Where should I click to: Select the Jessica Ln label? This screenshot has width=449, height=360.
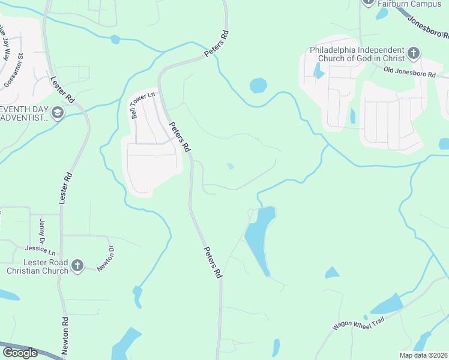pos(40,249)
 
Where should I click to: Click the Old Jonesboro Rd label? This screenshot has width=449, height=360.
pos(409,72)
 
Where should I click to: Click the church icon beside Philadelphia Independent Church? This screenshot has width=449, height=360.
pos(414,54)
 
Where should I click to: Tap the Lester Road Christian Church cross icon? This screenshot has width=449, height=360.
pos(77,266)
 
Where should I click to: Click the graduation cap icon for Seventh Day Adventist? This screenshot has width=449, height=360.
pos(58,113)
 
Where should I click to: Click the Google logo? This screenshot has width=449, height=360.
pos(20,353)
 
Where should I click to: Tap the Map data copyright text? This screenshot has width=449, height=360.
pos(424,355)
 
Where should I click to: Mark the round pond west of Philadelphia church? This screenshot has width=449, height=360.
pos(258,85)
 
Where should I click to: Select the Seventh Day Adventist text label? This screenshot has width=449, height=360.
pos(24,113)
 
